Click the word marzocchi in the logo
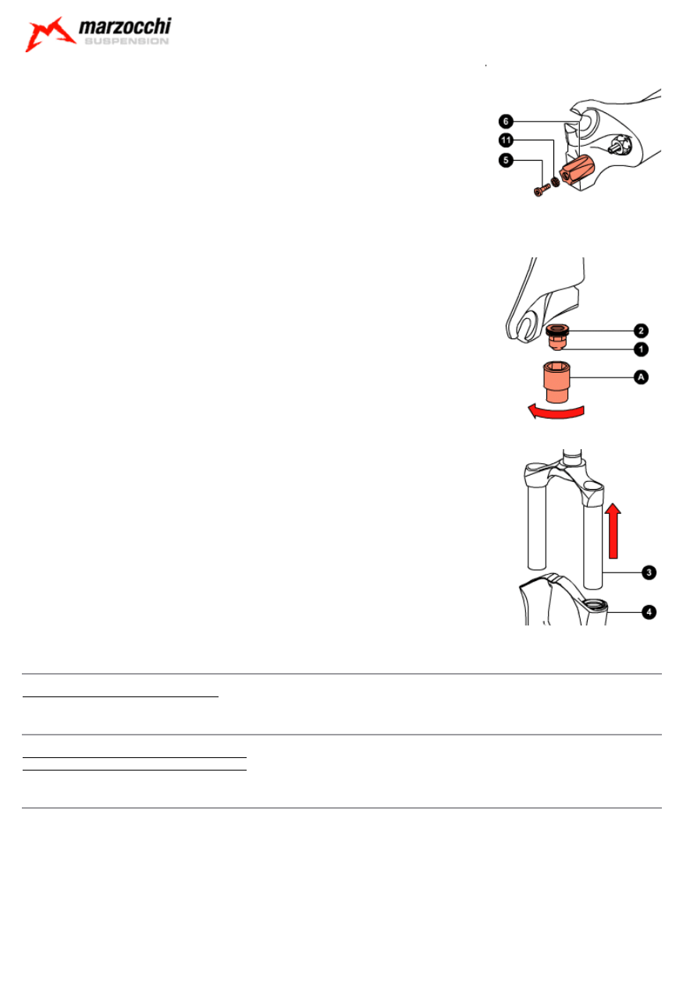[124, 30]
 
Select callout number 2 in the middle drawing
[641, 330]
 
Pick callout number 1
[641, 349]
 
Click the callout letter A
[641, 377]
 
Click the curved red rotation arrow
[555, 412]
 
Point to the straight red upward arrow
[614, 531]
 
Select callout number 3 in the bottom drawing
[647, 573]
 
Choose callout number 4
[647, 612]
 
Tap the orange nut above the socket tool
[557, 336]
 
